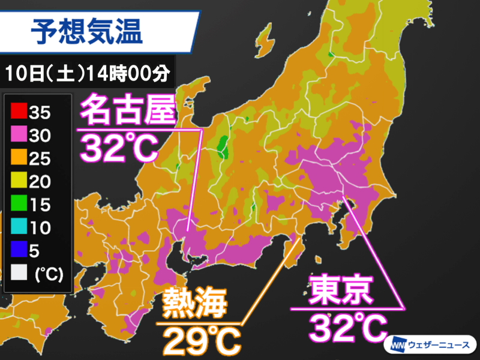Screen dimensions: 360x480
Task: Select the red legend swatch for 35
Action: [19, 112]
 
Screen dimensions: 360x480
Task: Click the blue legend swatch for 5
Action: [19, 251]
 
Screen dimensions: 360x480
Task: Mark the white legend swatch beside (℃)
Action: [19, 275]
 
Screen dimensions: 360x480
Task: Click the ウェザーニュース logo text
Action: [442, 346]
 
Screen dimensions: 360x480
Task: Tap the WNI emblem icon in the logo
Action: [398, 346]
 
